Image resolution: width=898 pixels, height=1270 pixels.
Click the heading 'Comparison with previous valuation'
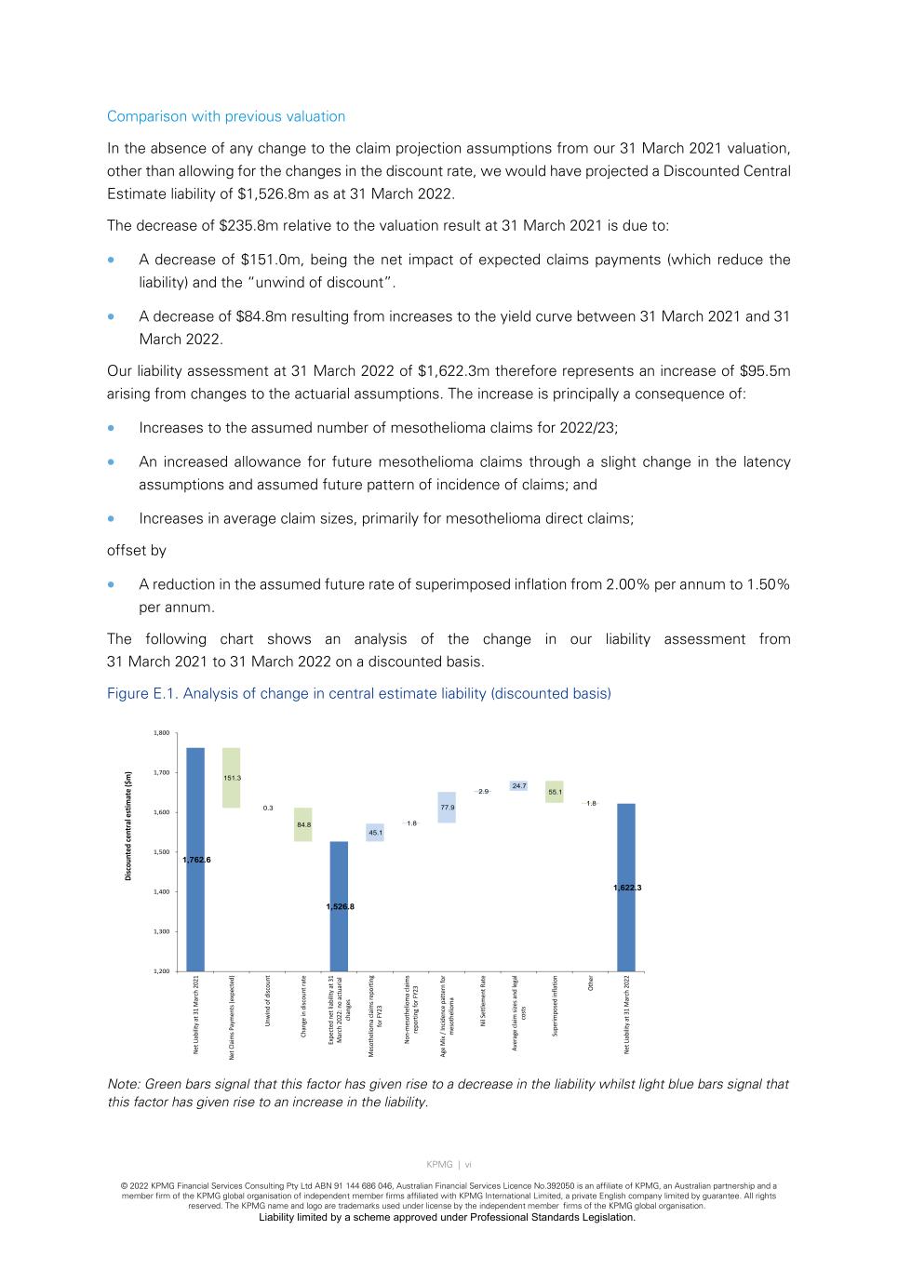226,116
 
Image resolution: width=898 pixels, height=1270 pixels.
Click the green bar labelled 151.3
232,778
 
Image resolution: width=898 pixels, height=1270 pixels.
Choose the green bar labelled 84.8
303,824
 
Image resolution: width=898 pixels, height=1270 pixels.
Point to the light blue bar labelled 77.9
447,808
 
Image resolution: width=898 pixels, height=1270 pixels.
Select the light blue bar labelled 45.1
375,833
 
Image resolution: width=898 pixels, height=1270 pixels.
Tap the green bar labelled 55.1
555,792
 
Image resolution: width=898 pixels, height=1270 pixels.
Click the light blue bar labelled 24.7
518,786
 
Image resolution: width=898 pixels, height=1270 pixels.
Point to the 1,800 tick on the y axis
161,733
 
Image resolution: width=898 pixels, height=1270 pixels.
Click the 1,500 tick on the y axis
161,852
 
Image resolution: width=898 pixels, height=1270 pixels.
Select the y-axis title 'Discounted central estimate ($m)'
128,825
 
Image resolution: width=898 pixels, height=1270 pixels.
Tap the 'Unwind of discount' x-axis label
268,1001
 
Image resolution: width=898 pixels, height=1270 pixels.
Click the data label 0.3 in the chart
268,808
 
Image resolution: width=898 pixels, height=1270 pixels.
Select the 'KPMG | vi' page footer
449,1164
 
